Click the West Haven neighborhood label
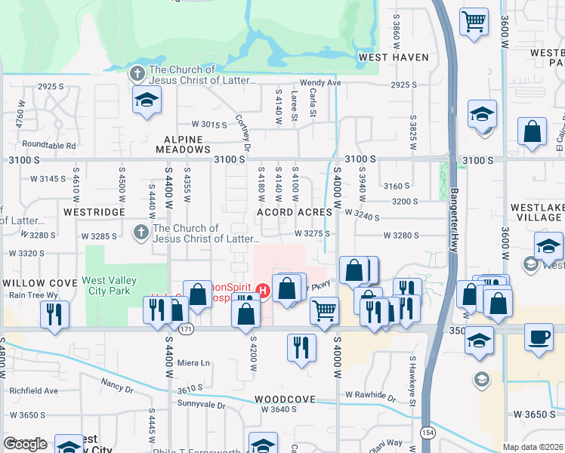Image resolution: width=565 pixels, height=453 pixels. pos(394,57)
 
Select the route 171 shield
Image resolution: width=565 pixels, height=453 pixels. pos(187,330)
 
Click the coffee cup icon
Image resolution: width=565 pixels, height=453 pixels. pos(539,337)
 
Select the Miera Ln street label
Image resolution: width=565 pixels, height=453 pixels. pos(193,362)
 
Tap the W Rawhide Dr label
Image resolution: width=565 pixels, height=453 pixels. pos(370,395)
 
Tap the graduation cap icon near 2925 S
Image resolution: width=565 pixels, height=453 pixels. pos(146,99)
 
